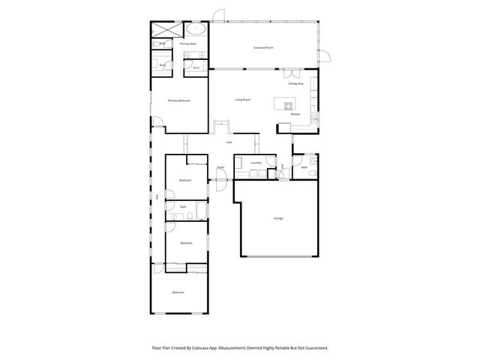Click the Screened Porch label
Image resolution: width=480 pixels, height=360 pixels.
pyautogui.click(x=262, y=47)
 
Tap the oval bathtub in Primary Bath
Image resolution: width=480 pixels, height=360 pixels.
pyautogui.click(x=196, y=30)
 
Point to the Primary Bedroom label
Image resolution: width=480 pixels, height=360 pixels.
pyautogui.click(x=178, y=100)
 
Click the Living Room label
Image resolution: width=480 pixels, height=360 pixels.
pyautogui.click(x=242, y=99)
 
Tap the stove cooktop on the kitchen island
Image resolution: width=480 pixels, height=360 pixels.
pyautogui.click(x=288, y=104)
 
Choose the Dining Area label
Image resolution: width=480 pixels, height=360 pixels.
pyautogui.click(x=295, y=83)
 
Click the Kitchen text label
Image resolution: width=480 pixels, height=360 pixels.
pyautogui.click(x=295, y=114)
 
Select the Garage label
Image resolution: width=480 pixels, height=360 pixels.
pyautogui.click(x=277, y=218)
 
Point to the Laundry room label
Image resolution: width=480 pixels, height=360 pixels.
pyautogui.click(x=256, y=162)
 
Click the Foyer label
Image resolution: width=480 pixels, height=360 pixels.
pyautogui.click(x=220, y=167)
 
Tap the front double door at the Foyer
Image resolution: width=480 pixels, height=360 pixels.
pyautogui.click(x=220, y=176)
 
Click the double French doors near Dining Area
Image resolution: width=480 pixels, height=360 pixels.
pyautogui.click(x=289, y=74)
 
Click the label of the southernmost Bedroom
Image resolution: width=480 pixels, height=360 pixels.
pyautogui.click(x=178, y=292)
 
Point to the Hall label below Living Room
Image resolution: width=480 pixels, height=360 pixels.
pyautogui.click(x=229, y=142)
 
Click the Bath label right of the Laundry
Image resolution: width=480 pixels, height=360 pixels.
pyautogui.click(x=304, y=167)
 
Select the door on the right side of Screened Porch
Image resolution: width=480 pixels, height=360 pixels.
pyautogui.click(x=324, y=54)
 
